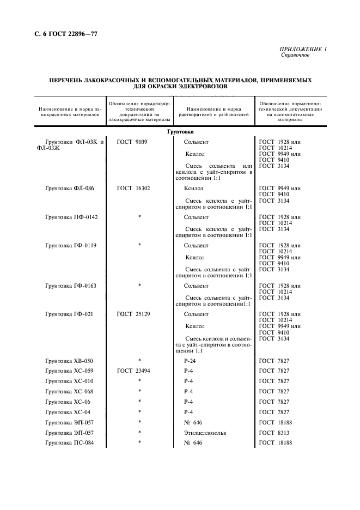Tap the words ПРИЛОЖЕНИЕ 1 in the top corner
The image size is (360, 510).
pos(303,50)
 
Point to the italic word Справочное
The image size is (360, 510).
pos(295,56)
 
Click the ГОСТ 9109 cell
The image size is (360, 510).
pos(132,142)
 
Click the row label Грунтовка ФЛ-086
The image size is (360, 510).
pos(69,189)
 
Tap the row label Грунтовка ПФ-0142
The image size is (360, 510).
pos(71,217)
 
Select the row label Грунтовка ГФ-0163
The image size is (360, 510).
pos(71,286)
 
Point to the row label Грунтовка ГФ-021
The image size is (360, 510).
pos(69,314)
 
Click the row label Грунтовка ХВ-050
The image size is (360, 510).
pos(69,361)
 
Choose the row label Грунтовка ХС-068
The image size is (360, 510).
pos(69,391)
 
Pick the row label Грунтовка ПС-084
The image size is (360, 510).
pos(69,442)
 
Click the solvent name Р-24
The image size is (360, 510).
pos(189,361)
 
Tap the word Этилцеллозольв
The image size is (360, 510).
pos(205,432)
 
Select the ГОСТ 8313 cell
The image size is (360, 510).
pos(274,432)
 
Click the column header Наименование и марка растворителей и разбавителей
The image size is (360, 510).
pos(213,112)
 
